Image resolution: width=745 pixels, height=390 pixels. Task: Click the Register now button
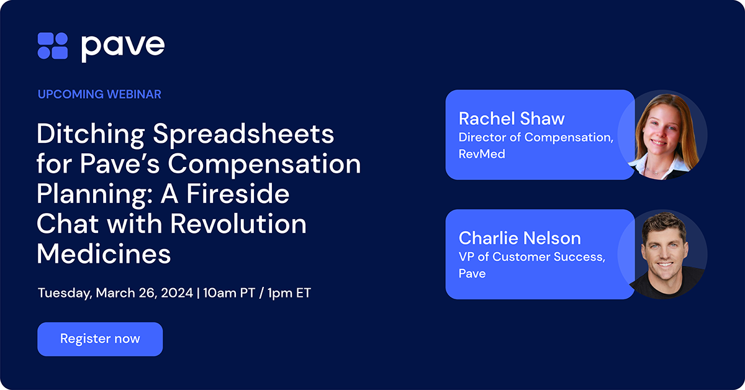point(100,339)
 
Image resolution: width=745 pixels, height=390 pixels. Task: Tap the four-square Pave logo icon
point(53,47)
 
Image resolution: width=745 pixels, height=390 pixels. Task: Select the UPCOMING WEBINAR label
point(99,94)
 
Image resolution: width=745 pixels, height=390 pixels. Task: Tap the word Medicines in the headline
point(104,254)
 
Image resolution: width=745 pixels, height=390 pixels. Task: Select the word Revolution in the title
point(238,224)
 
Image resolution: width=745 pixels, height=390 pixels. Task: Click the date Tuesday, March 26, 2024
point(115,293)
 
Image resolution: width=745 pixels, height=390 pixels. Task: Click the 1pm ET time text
point(289,293)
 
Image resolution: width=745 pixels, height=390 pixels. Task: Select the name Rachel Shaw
point(512,118)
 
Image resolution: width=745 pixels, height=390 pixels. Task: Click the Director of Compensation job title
point(536,137)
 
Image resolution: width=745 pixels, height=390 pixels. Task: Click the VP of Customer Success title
point(531,257)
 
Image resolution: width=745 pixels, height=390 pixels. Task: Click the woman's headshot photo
point(662,135)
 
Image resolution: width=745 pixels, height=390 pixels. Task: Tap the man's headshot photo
point(663,254)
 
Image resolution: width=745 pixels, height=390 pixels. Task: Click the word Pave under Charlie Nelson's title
point(472,273)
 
